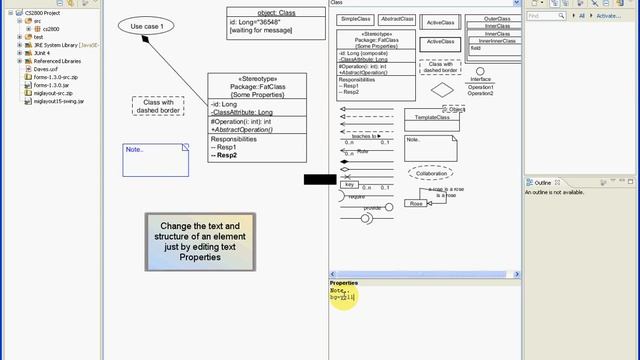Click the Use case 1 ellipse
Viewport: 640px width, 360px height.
click(x=147, y=25)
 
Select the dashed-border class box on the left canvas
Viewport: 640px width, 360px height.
click(x=159, y=106)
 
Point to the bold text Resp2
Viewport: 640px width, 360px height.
click(x=225, y=155)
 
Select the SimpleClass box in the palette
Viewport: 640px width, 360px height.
click(x=356, y=19)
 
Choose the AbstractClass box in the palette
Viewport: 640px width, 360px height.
click(x=397, y=19)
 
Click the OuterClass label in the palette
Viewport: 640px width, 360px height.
click(x=497, y=18)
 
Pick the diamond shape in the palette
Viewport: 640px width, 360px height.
click(x=443, y=88)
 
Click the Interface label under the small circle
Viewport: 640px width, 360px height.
click(x=480, y=80)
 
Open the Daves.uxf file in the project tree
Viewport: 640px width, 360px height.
click(x=45, y=69)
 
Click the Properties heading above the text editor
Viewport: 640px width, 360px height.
click(x=344, y=282)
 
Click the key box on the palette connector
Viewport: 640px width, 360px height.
click(x=349, y=184)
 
